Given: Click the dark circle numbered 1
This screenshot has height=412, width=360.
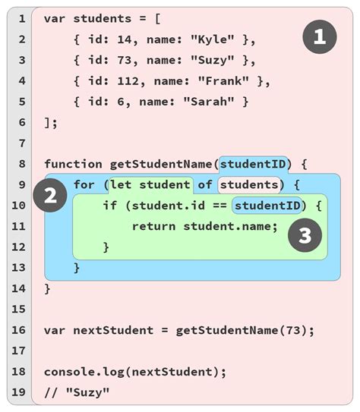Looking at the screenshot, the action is click(x=320, y=36).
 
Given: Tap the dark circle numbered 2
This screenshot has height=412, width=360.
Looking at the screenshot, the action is click(x=50, y=195).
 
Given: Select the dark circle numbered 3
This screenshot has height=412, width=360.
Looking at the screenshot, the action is click(x=305, y=235).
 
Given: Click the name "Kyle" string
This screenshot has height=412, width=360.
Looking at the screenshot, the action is click(x=213, y=39).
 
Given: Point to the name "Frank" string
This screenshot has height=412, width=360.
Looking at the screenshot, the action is click(x=223, y=81).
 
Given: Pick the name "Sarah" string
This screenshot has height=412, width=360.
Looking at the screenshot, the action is click(x=209, y=102).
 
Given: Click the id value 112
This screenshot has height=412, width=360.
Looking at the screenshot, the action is click(x=128, y=81).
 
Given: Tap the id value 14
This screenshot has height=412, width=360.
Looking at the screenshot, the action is click(x=124, y=39).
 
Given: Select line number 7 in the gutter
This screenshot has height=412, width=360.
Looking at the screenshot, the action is click(x=22, y=143).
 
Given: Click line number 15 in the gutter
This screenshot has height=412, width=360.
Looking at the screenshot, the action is click(x=18, y=310).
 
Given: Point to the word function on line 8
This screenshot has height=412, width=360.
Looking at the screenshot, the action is click(x=73, y=164).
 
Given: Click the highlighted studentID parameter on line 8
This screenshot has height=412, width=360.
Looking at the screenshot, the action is click(x=253, y=164).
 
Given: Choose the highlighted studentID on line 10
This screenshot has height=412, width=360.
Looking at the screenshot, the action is click(x=267, y=206).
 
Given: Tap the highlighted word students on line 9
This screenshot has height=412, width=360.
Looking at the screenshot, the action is click(x=249, y=184).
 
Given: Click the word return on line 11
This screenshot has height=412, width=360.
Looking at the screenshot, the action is click(x=154, y=226).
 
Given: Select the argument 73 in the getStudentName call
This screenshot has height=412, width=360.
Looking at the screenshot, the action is click(x=293, y=330).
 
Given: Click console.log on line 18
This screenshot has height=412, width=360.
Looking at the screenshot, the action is click(x=84, y=372).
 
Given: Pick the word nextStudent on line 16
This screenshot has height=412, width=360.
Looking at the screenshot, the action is click(x=113, y=330).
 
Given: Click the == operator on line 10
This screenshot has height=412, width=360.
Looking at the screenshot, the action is click(x=219, y=206).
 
